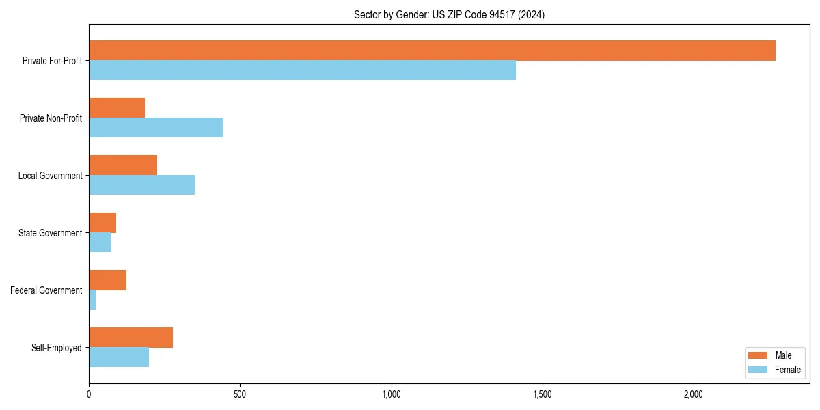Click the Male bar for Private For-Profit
(x=432, y=51)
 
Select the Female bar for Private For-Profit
(x=302, y=70)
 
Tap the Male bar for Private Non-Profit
(x=117, y=108)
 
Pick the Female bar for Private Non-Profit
(x=156, y=128)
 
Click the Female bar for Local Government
(x=141, y=185)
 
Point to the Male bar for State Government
(x=102, y=223)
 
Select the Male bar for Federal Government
(x=107, y=280)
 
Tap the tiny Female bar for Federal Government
(x=92, y=300)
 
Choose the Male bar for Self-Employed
(x=131, y=338)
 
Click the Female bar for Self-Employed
(x=119, y=357)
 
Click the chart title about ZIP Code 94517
(x=449, y=14)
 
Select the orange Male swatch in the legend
(x=758, y=355)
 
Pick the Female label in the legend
(x=787, y=370)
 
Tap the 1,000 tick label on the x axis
(x=391, y=394)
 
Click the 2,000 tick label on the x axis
(x=693, y=394)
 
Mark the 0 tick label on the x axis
(x=89, y=394)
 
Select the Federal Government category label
(x=46, y=290)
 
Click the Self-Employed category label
(x=57, y=348)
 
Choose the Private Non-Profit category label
(x=51, y=118)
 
